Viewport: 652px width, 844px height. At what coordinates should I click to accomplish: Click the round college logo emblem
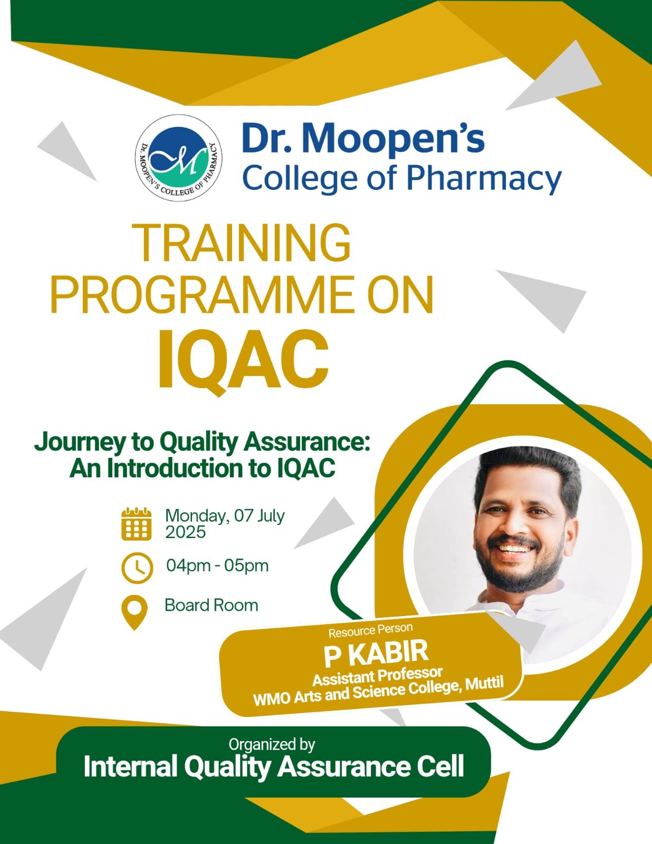tap(179, 158)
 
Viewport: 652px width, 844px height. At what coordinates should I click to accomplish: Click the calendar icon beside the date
tap(136, 523)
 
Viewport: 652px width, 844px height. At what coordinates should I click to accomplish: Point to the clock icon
tap(137, 568)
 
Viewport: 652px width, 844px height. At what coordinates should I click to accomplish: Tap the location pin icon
tap(135, 613)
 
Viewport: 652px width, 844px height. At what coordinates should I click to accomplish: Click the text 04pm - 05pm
tap(217, 565)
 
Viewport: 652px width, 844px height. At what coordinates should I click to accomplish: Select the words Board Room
tap(211, 605)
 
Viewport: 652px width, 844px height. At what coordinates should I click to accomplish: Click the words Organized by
tap(272, 744)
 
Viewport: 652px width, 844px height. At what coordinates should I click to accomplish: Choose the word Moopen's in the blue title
tap(389, 140)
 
